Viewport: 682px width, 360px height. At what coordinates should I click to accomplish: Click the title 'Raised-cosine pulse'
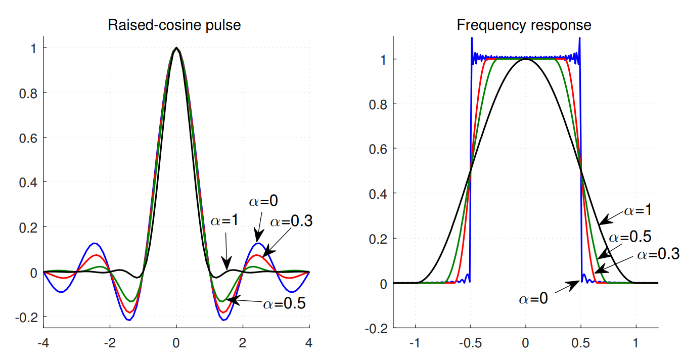[174, 25]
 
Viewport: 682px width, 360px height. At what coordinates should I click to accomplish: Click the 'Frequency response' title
[524, 25]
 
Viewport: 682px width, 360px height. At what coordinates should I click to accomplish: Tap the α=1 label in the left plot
[224, 222]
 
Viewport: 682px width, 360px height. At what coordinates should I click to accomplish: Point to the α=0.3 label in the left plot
[291, 221]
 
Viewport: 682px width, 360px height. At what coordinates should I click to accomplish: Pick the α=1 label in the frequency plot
[637, 210]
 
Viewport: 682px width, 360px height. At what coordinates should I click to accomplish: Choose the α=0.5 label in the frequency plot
[629, 237]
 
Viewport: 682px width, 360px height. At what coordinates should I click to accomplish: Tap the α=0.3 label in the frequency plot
[658, 254]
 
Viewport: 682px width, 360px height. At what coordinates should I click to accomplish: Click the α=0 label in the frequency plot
[533, 299]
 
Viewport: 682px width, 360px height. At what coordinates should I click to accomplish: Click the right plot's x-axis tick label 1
[635, 343]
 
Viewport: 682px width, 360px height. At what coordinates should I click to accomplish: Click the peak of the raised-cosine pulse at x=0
[176, 48]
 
